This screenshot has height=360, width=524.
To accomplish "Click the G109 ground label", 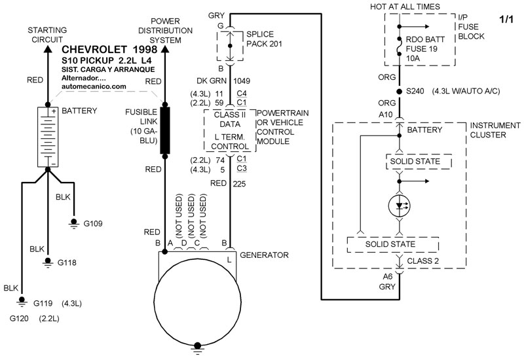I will (93, 223).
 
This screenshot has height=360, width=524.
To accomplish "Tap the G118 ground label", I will (67, 262).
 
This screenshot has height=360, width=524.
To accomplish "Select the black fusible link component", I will (165, 130).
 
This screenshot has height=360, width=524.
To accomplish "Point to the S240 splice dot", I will (399, 91).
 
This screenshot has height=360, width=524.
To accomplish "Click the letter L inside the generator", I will (229, 261).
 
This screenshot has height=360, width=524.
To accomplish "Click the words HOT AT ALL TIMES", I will (422, 7).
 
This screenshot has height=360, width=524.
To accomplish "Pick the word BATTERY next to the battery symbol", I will (79, 111).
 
